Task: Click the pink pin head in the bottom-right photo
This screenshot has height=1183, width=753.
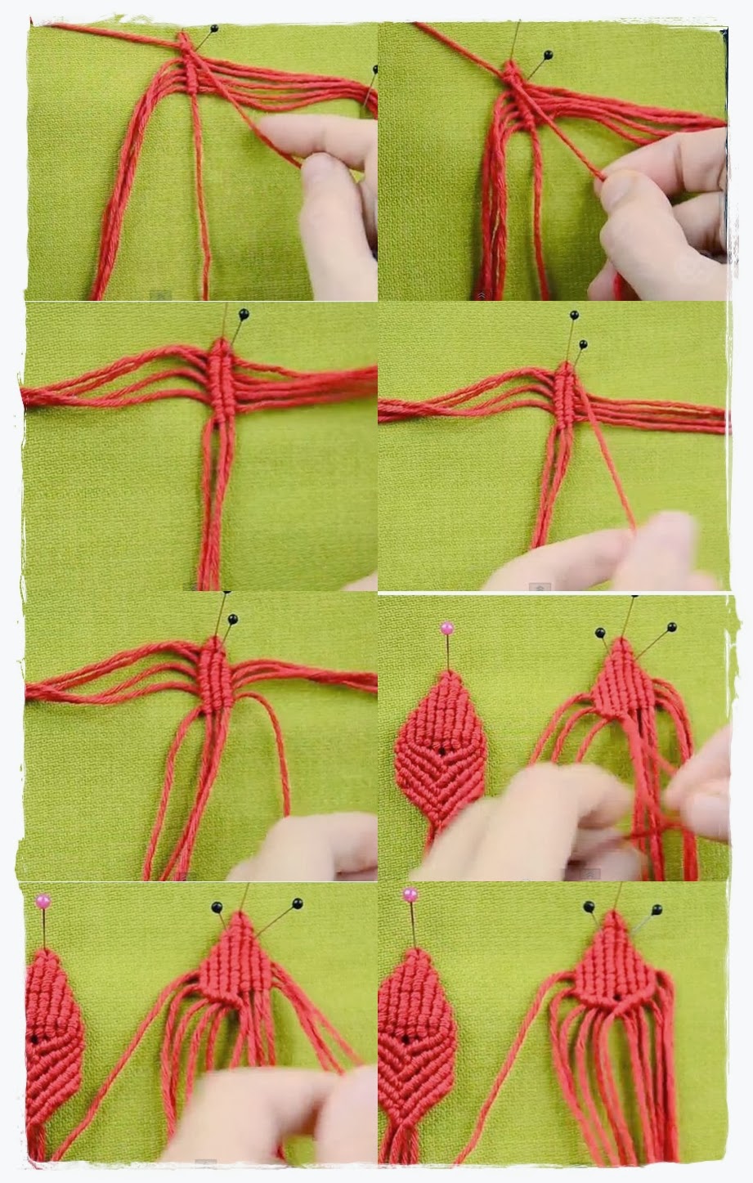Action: (x=409, y=894)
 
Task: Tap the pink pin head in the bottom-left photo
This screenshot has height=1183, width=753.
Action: (x=43, y=901)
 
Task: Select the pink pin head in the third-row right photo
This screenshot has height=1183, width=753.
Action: (x=446, y=628)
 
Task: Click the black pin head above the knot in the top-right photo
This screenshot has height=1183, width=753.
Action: (x=548, y=56)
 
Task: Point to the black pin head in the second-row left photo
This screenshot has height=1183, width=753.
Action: (x=243, y=313)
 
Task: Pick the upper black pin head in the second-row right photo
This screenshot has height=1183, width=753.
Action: (x=575, y=315)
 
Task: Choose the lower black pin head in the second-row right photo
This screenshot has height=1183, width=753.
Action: (x=582, y=344)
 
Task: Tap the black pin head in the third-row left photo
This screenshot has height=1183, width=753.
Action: (x=232, y=619)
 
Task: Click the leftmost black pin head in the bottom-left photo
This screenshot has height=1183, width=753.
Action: (x=217, y=907)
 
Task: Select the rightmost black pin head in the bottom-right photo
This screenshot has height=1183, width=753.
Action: (x=655, y=908)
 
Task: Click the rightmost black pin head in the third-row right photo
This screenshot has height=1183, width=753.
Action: (x=671, y=627)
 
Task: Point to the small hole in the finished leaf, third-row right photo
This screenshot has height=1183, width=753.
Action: (x=441, y=748)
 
